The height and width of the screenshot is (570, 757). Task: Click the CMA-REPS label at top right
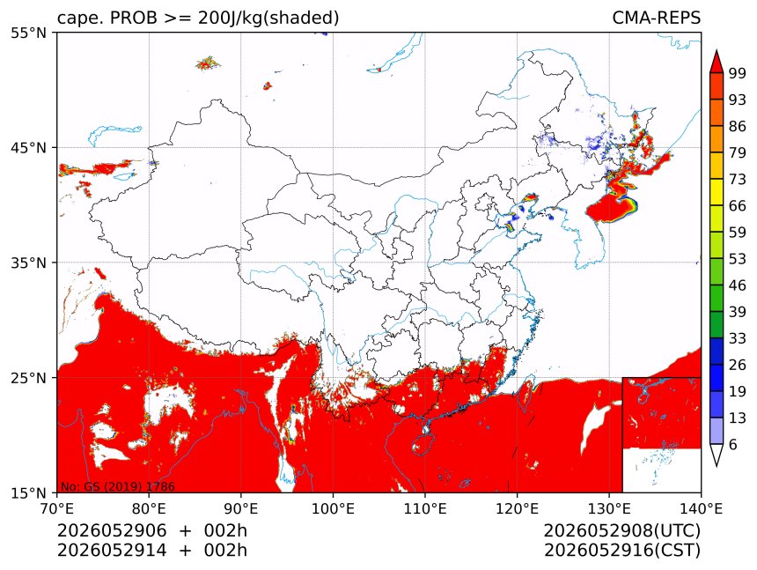[656, 18]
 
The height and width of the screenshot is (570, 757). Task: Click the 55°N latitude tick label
[29, 33]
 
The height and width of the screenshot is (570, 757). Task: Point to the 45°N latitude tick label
[29, 147]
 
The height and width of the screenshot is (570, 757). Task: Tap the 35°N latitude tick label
[29, 263]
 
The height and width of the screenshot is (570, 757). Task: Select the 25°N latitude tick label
[29, 377]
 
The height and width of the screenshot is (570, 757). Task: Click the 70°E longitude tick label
[57, 508]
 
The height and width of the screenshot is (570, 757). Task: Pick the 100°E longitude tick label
[333, 508]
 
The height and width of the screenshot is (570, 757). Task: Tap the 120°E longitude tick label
[517, 508]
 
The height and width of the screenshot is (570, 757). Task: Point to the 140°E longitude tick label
[701, 508]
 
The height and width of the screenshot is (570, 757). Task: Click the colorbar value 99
[738, 73]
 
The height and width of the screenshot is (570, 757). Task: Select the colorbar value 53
[738, 259]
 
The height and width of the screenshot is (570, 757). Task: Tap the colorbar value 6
[733, 444]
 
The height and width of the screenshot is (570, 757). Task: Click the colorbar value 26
[738, 365]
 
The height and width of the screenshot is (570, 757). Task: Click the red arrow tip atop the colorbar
[717, 50]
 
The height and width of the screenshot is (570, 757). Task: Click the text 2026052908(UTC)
[621, 531]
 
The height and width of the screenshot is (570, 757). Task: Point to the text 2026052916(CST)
[621, 551]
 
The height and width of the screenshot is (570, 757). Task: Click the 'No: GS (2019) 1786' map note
[117, 486]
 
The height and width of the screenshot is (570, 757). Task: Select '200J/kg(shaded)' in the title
[268, 18]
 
